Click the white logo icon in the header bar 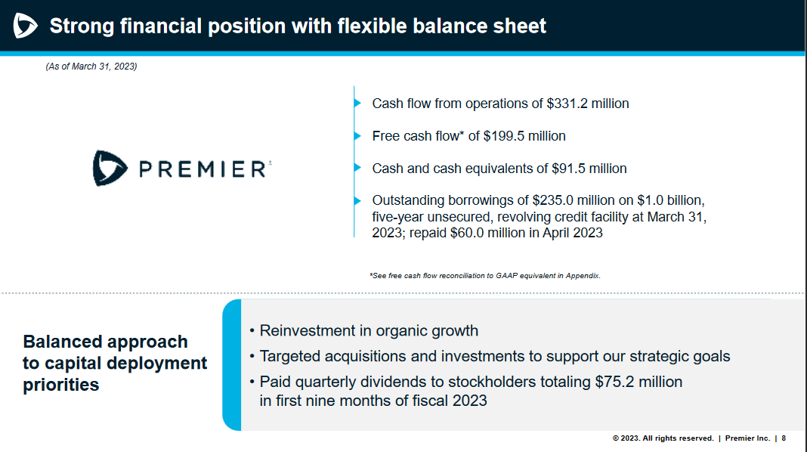point(25,26)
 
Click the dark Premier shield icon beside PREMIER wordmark point(110,168)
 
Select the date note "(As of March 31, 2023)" point(91,67)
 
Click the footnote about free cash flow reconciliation point(484,276)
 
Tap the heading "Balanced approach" point(105,342)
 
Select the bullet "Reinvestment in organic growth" point(369,330)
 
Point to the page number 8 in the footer point(784,438)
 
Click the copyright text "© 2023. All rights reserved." point(663,438)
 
